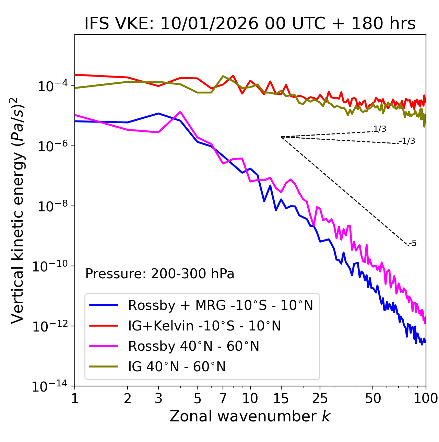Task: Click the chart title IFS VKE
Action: (250, 24)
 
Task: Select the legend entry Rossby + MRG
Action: (220, 305)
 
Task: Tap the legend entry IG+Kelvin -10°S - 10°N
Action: (204, 326)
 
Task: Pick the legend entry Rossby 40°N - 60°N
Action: (193, 346)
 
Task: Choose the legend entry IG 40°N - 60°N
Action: (177, 367)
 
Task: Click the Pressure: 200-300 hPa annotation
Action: (159, 274)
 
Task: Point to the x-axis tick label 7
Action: (223, 398)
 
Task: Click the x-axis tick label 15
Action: (281, 398)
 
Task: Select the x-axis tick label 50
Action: (373, 398)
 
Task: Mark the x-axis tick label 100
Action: (426, 398)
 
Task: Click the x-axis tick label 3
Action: (158, 398)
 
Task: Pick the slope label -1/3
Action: (407, 141)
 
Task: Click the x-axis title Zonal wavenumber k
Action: (250, 416)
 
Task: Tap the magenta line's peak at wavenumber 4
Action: (180, 112)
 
